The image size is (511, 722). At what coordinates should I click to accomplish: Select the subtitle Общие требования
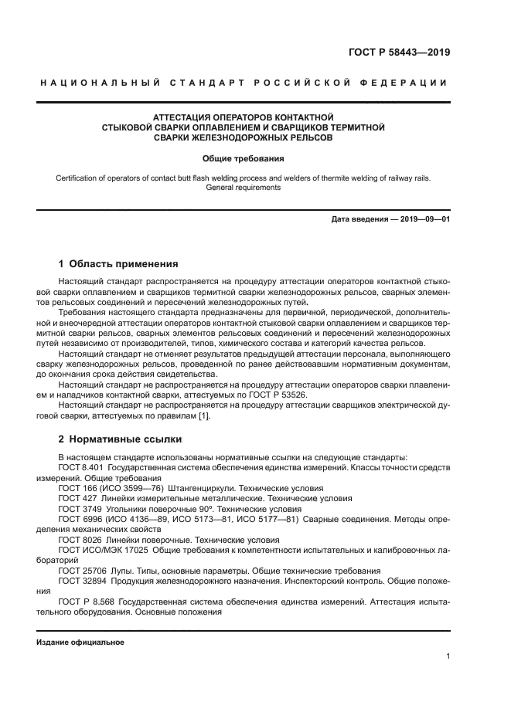[x=244, y=158]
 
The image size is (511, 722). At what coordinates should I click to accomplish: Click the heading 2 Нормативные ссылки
[x=120, y=439]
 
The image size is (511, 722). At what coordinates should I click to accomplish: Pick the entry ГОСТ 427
[x=76, y=498]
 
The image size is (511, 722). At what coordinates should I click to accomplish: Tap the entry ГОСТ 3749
[x=78, y=508]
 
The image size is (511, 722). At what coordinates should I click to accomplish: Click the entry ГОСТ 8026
[x=78, y=539]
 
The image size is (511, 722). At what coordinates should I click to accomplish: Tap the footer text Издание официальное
[x=80, y=642]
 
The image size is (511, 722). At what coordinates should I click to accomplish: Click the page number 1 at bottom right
[x=448, y=656]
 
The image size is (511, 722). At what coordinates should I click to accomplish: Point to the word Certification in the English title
[x=77, y=178]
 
